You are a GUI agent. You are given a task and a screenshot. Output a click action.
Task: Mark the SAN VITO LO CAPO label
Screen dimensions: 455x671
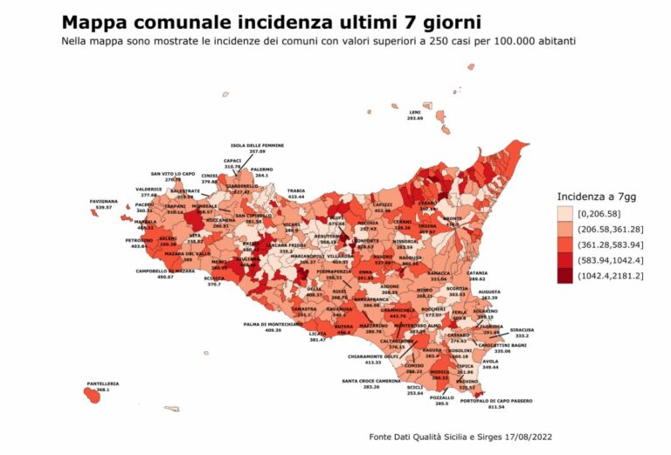(173, 174)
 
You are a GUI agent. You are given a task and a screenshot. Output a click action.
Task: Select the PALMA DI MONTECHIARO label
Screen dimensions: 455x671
(272, 324)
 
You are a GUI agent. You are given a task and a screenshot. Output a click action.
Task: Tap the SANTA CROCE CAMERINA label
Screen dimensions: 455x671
(372, 381)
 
